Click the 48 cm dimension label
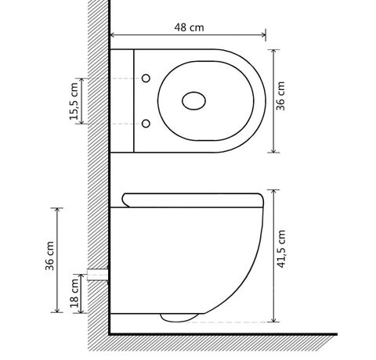(x=189, y=27)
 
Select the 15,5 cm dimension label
(x=74, y=101)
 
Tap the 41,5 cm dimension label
(x=281, y=249)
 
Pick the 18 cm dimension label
(x=74, y=293)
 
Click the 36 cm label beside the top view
(x=280, y=96)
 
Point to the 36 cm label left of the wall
(x=49, y=256)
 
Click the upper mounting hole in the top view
(x=146, y=78)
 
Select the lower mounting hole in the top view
(x=146, y=124)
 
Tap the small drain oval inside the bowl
(x=193, y=101)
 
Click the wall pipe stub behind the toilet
(x=98, y=275)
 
